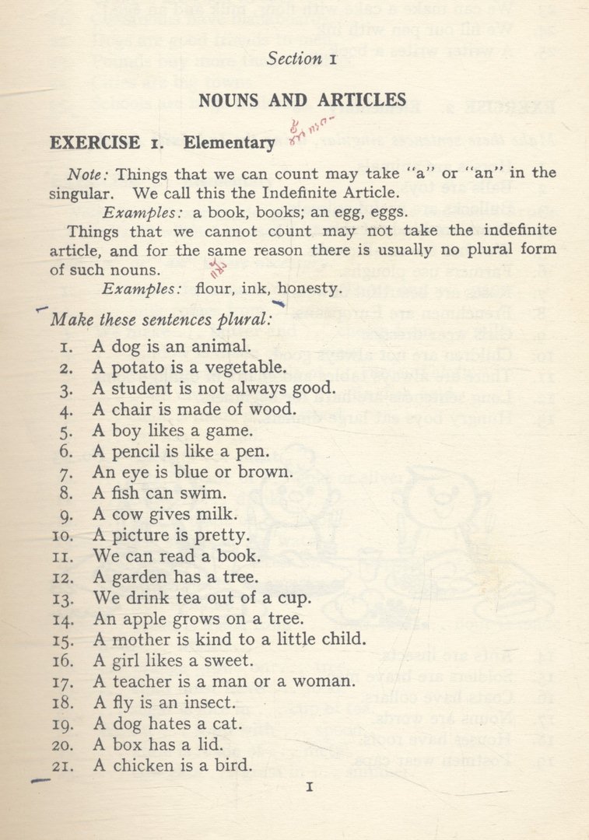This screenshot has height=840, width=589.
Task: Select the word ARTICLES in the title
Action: pyautogui.click(x=362, y=100)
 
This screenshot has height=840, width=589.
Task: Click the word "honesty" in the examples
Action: pyautogui.click(x=309, y=289)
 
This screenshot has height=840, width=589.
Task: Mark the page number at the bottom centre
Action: pyautogui.click(x=309, y=788)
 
